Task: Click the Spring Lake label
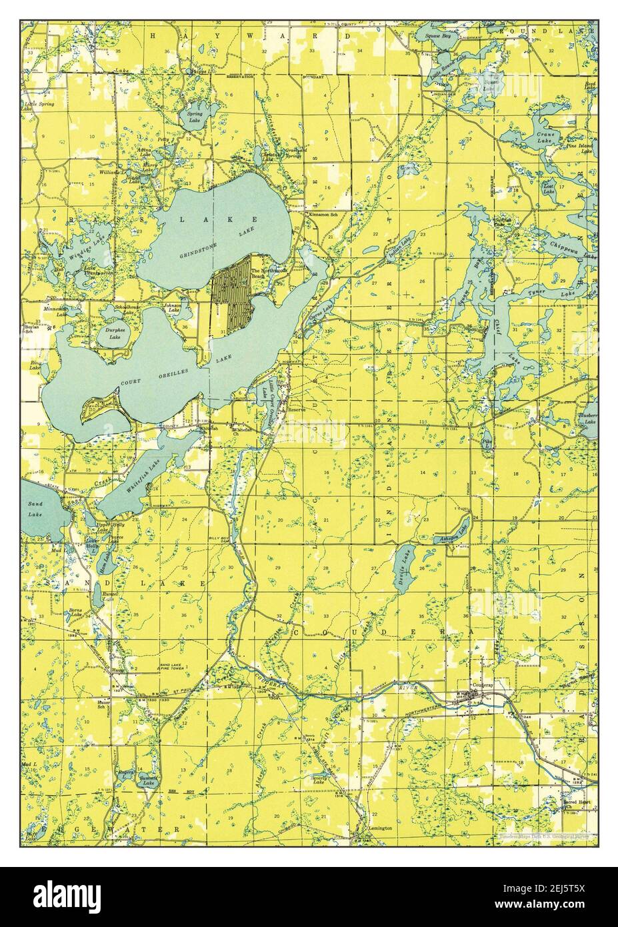(x=194, y=117)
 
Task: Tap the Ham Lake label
(x=104, y=564)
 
